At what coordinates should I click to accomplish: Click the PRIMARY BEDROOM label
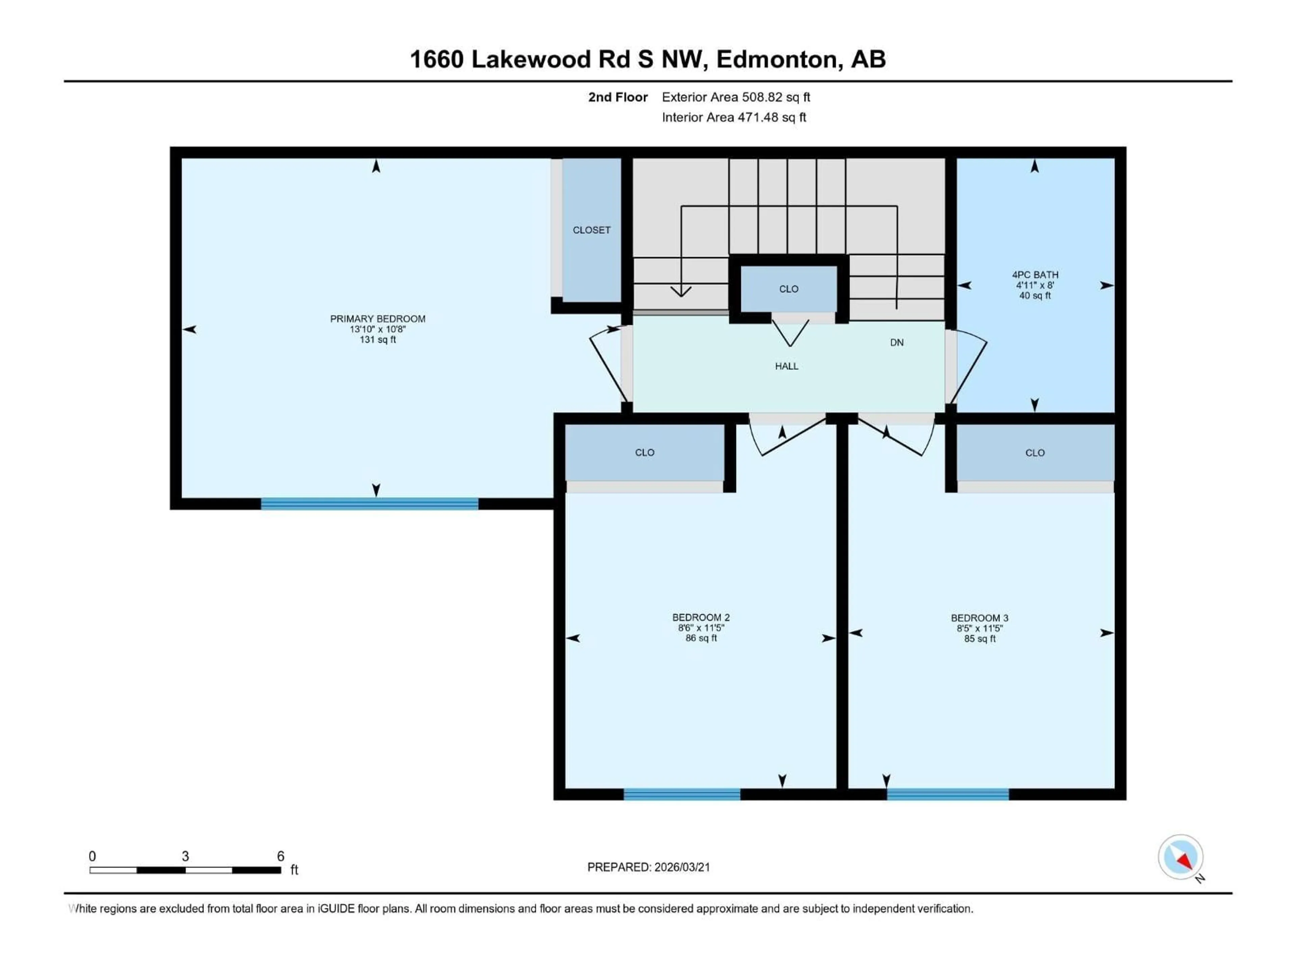(378, 319)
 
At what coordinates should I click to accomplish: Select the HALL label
(786, 366)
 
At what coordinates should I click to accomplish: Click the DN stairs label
(896, 343)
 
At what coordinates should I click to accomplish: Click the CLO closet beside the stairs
(789, 289)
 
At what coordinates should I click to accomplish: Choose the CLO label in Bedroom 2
(644, 452)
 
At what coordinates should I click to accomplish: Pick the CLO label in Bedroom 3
(1035, 453)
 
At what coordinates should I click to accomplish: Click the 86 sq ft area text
(701, 638)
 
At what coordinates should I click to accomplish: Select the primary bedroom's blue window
(370, 504)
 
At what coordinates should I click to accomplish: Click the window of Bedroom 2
(682, 794)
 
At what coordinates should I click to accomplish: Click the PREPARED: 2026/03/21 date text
(648, 867)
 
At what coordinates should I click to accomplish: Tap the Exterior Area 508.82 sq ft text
(736, 97)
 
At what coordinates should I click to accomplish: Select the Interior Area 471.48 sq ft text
(734, 117)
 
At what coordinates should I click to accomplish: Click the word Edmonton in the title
(776, 59)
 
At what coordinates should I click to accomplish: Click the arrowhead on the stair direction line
(681, 291)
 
